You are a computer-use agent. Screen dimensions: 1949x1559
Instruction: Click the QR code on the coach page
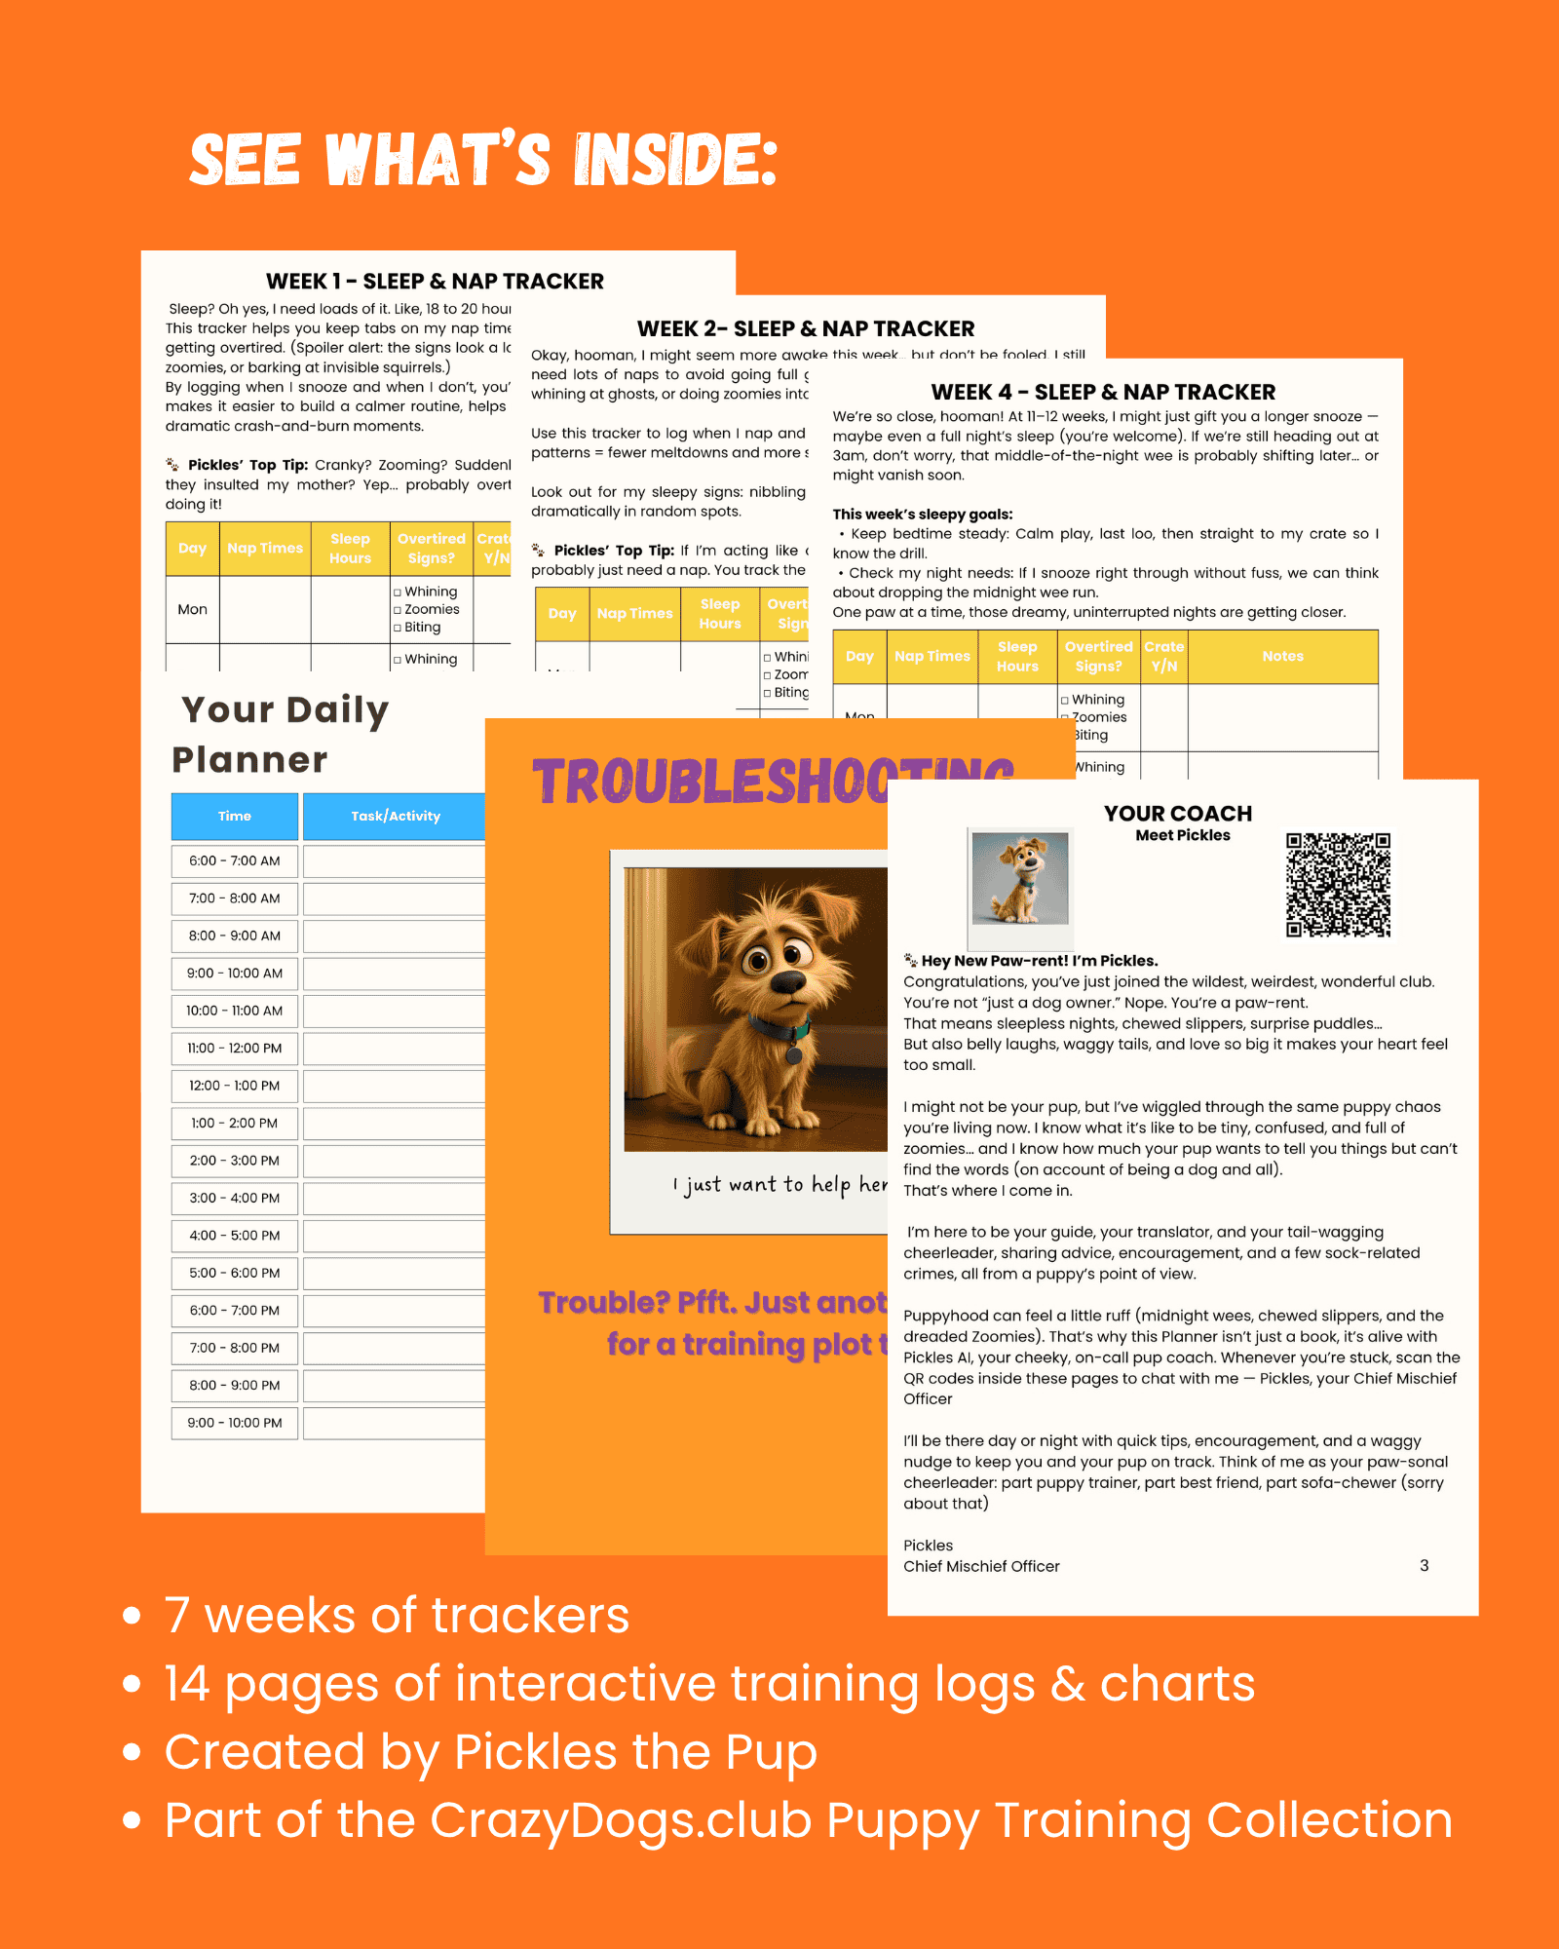click(x=1338, y=885)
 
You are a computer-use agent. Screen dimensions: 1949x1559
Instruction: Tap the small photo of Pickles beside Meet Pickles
click(x=1020, y=878)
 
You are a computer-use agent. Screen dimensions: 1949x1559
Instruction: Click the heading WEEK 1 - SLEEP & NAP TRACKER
click(x=435, y=282)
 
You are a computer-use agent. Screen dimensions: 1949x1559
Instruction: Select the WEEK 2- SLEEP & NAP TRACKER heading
click(x=806, y=329)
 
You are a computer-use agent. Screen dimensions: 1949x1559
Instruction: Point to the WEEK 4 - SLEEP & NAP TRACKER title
click(x=1103, y=393)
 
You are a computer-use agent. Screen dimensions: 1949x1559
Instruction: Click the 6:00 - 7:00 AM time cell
click(x=235, y=861)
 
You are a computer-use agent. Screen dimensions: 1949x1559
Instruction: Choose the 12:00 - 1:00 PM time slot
click(x=235, y=1086)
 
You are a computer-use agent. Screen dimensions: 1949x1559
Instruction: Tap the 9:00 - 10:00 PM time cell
click(x=235, y=1423)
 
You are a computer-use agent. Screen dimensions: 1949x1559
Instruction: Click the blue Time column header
click(x=235, y=817)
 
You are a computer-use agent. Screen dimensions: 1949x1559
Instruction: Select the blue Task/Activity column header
click(x=395, y=817)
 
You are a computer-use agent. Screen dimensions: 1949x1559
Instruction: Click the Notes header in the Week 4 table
click(x=1282, y=657)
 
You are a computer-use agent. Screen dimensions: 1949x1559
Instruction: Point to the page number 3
click(x=1424, y=1565)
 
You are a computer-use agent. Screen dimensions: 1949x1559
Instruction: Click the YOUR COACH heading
click(x=1178, y=814)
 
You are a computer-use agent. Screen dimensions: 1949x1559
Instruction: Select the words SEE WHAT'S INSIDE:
click(x=483, y=160)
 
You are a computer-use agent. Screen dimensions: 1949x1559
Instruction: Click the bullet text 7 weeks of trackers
click(x=397, y=1616)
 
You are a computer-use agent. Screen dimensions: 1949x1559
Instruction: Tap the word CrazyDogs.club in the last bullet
click(x=621, y=1820)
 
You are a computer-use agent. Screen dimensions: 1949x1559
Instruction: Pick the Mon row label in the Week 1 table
click(x=192, y=610)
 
